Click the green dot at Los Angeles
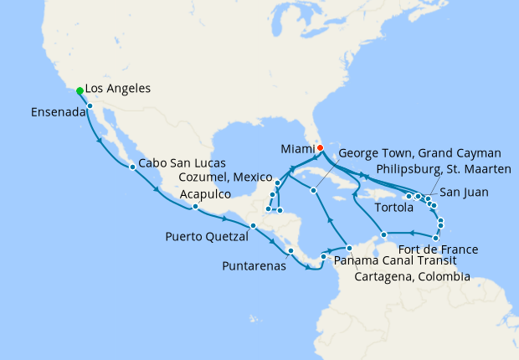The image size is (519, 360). tap(80, 90)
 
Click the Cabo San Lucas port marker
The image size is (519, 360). tap(132, 167)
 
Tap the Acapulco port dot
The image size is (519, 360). tap(194, 207)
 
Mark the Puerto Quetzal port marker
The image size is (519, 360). tap(253, 226)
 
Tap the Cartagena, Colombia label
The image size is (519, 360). tap(412, 276)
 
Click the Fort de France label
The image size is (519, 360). tap(439, 249)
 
